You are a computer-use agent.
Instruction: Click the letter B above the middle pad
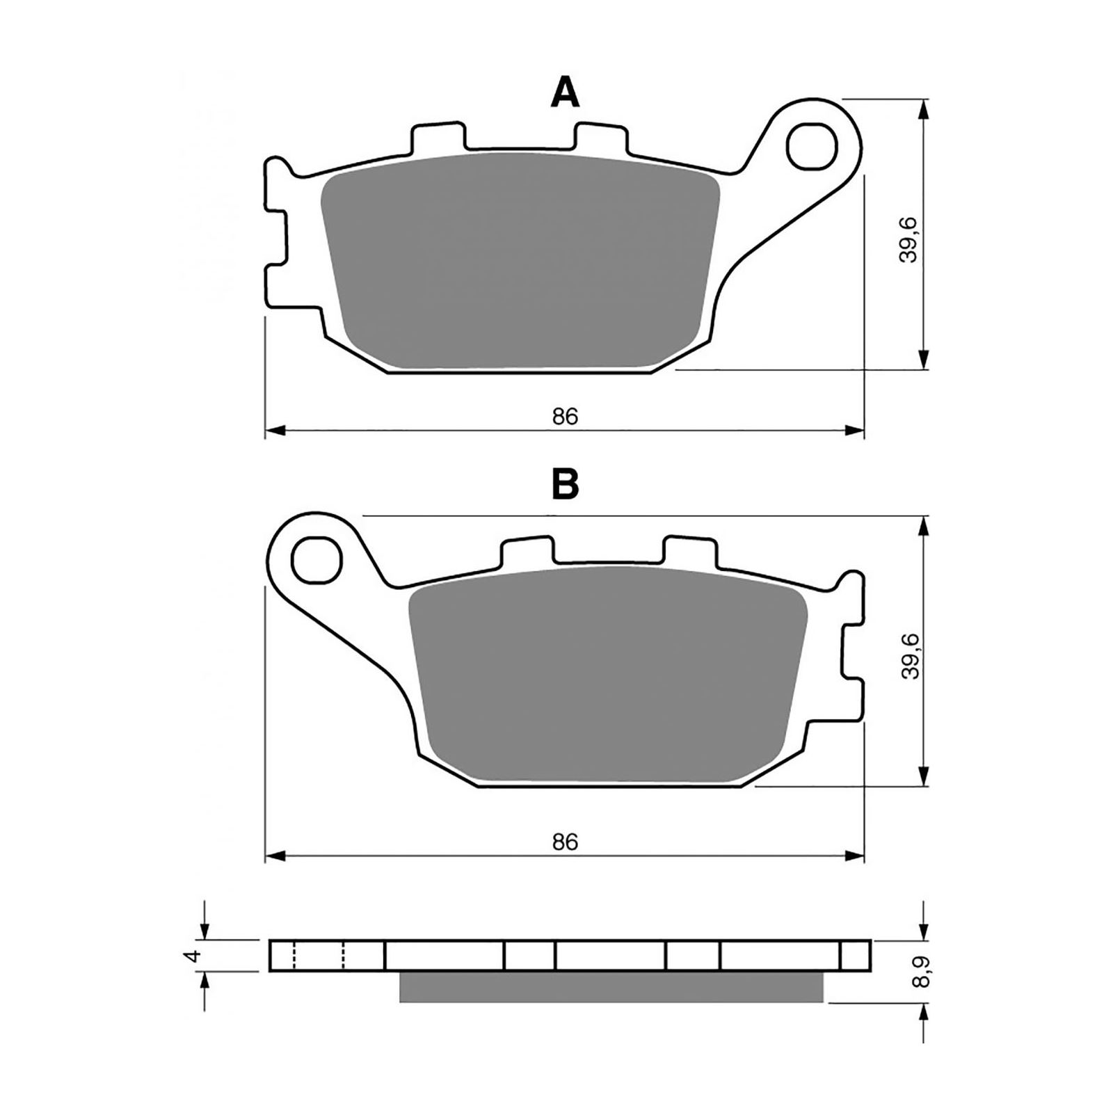(x=565, y=484)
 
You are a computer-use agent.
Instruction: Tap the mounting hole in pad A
(x=812, y=145)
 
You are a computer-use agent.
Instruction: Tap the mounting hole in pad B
(x=319, y=560)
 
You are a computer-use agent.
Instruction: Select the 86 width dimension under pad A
(x=566, y=417)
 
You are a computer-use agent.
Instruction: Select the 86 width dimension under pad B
(x=566, y=842)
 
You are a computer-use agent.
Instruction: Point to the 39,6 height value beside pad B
(x=908, y=655)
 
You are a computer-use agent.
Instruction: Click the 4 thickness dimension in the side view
(x=195, y=955)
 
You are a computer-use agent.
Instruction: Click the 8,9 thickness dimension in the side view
(x=924, y=971)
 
